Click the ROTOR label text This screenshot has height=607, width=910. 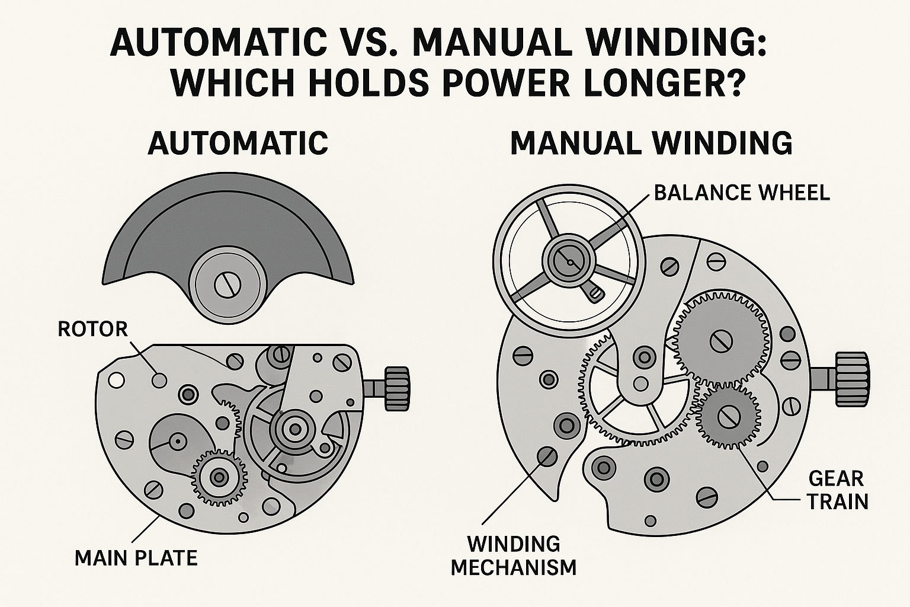[93, 329]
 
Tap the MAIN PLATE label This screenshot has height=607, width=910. [136, 558]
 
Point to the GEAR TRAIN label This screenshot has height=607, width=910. [837, 490]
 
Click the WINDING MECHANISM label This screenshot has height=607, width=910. [513, 555]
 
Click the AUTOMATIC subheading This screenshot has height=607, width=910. [238, 143]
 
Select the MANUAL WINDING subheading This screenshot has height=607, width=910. [651, 143]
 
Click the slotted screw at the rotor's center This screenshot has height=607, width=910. [227, 285]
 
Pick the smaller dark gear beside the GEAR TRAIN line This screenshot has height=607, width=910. [727, 417]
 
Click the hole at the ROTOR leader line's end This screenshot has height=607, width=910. [159, 379]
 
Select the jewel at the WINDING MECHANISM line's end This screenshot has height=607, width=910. [546, 456]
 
